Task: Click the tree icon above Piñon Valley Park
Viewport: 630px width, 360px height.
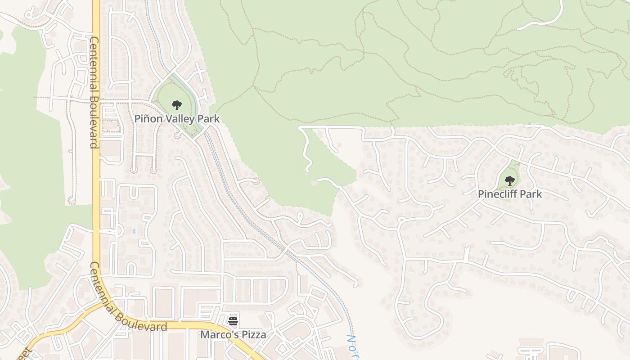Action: [177, 105]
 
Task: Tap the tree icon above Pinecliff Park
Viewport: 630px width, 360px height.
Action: [509, 181]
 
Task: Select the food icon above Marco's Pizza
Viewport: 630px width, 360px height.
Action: [233, 321]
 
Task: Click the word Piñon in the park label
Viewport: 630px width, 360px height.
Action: [148, 119]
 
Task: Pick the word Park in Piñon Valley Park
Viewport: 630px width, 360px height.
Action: [211, 119]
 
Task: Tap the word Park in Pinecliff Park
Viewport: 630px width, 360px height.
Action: [532, 194]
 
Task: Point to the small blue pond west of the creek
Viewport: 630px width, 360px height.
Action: [134, 231]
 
